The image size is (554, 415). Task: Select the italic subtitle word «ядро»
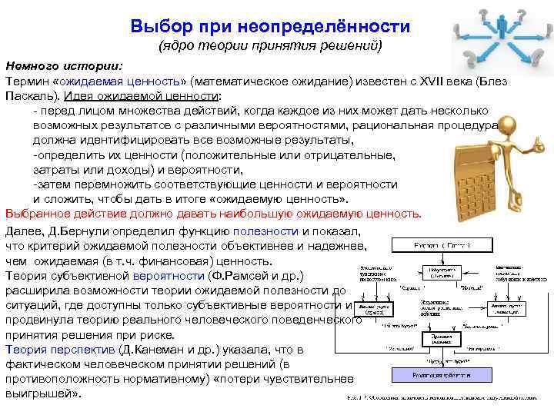click(x=179, y=47)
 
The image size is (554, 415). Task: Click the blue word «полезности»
click(x=269, y=231)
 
